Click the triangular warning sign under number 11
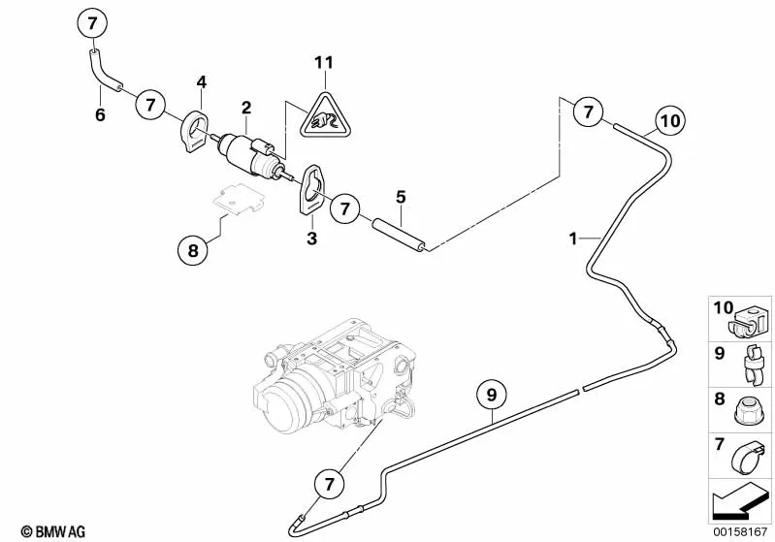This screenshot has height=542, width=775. pyautogui.click(x=323, y=115)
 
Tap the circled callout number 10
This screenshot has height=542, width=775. pyautogui.click(x=670, y=122)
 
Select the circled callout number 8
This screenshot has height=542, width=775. pyautogui.click(x=192, y=251)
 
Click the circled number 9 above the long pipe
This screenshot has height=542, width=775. pyautogui.click(x=492, y=395)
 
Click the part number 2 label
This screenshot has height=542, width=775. pyautogui.click(x=247, y=108)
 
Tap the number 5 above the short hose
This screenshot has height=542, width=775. pyautogui.click(x=400, y=197)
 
